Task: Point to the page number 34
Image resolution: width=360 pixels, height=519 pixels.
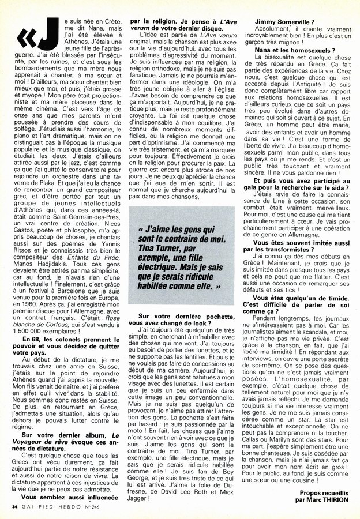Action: coord(14,507)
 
